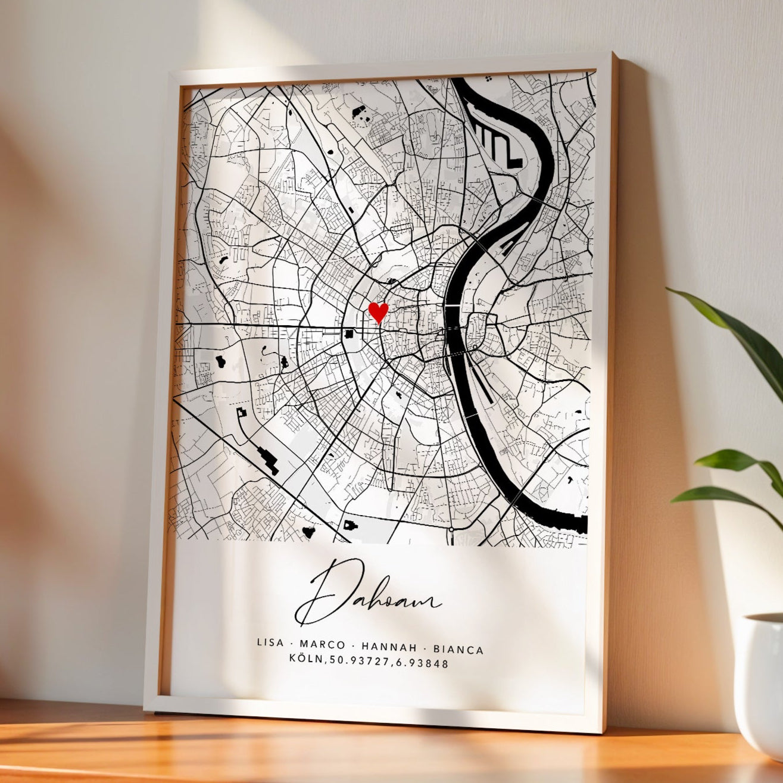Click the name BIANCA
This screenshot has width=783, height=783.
(x=458, y=649)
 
